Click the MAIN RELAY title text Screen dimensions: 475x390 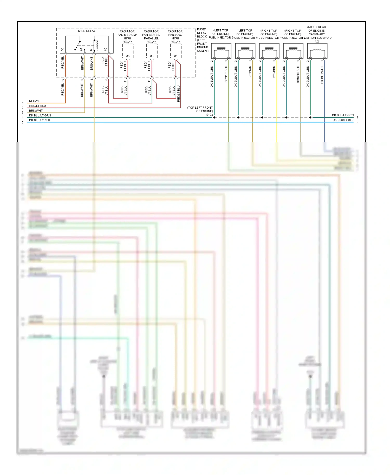coord(87,31)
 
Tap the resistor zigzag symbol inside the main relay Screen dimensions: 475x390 coord(96,45)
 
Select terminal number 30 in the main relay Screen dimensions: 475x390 coord(62,49)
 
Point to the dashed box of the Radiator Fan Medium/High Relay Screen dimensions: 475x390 coord(128,51)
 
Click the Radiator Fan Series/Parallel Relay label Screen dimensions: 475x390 coord(151,36)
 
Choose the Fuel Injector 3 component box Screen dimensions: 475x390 coord(221,51)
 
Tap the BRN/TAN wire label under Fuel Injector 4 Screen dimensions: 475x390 coord(250,72)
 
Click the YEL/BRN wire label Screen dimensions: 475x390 coord(274,72)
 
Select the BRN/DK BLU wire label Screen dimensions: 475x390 coord(298,74)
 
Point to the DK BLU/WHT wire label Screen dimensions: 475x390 coord(322,75)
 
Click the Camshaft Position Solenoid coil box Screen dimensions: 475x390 coord(317,51)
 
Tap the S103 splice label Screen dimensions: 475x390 coord(209,115)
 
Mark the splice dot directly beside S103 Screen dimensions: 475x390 coord(214,117)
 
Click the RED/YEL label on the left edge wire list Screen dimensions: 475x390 coord(35,101)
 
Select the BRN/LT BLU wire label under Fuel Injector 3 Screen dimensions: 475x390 coord(226,74)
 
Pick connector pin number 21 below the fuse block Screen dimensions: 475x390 coord(126,81)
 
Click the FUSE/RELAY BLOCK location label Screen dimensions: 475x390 coord(202,40)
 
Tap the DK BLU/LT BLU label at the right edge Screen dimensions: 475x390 coord(343,120)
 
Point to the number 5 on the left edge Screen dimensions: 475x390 coord(23,122)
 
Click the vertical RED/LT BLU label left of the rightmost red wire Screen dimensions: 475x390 coord(178,94)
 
